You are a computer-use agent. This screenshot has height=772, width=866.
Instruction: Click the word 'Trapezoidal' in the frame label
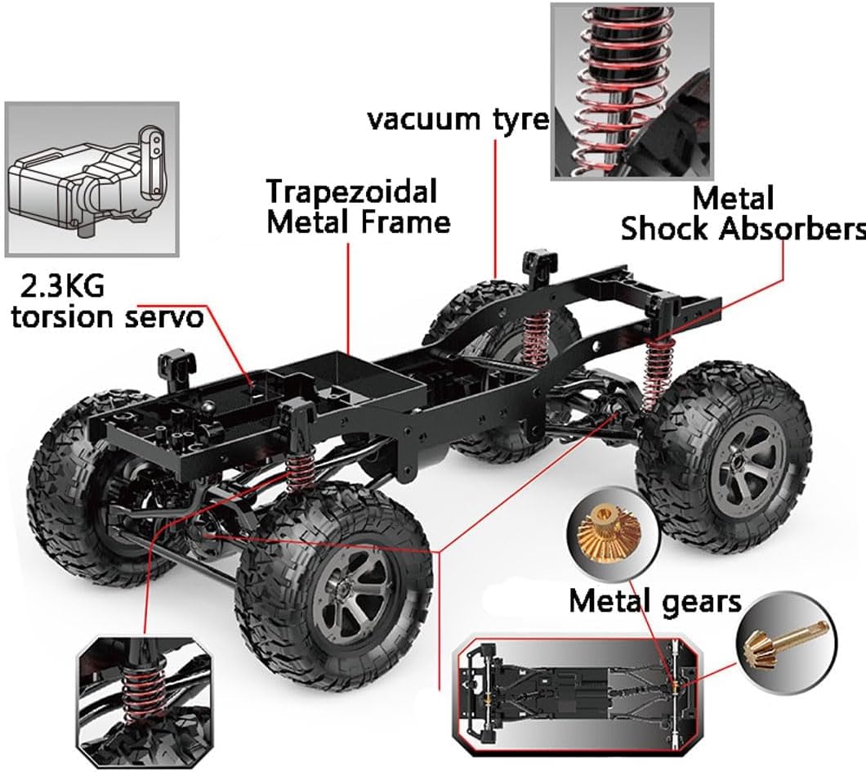tap(352, 191)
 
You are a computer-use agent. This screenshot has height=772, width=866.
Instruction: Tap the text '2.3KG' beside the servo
tap(60, 287)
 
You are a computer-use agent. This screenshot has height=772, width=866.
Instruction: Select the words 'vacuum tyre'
tap(458, 119)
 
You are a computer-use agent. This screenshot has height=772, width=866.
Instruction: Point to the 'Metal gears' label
tap(655, 602)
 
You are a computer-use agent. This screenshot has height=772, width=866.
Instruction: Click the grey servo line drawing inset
tap(92, 179)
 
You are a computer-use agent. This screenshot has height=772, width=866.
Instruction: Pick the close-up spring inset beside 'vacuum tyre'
tap(632, 91)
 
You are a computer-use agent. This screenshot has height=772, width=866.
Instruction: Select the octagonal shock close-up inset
tap(144, 700)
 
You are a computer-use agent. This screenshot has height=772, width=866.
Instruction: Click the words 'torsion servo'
tap(107, 317)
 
